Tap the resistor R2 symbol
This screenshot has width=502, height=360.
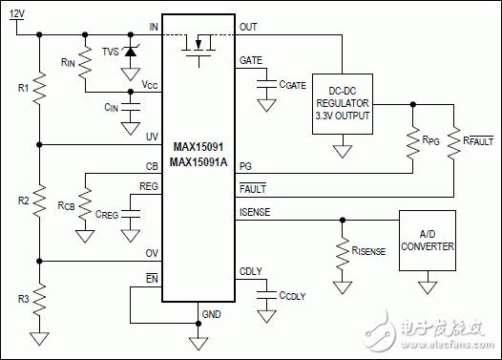(x=39, y=201)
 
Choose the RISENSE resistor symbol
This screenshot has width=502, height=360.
(x=341, y=251)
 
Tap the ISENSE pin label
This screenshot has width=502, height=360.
(x=254, y=211)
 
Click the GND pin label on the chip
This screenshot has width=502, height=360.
(x=211, y=314)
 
